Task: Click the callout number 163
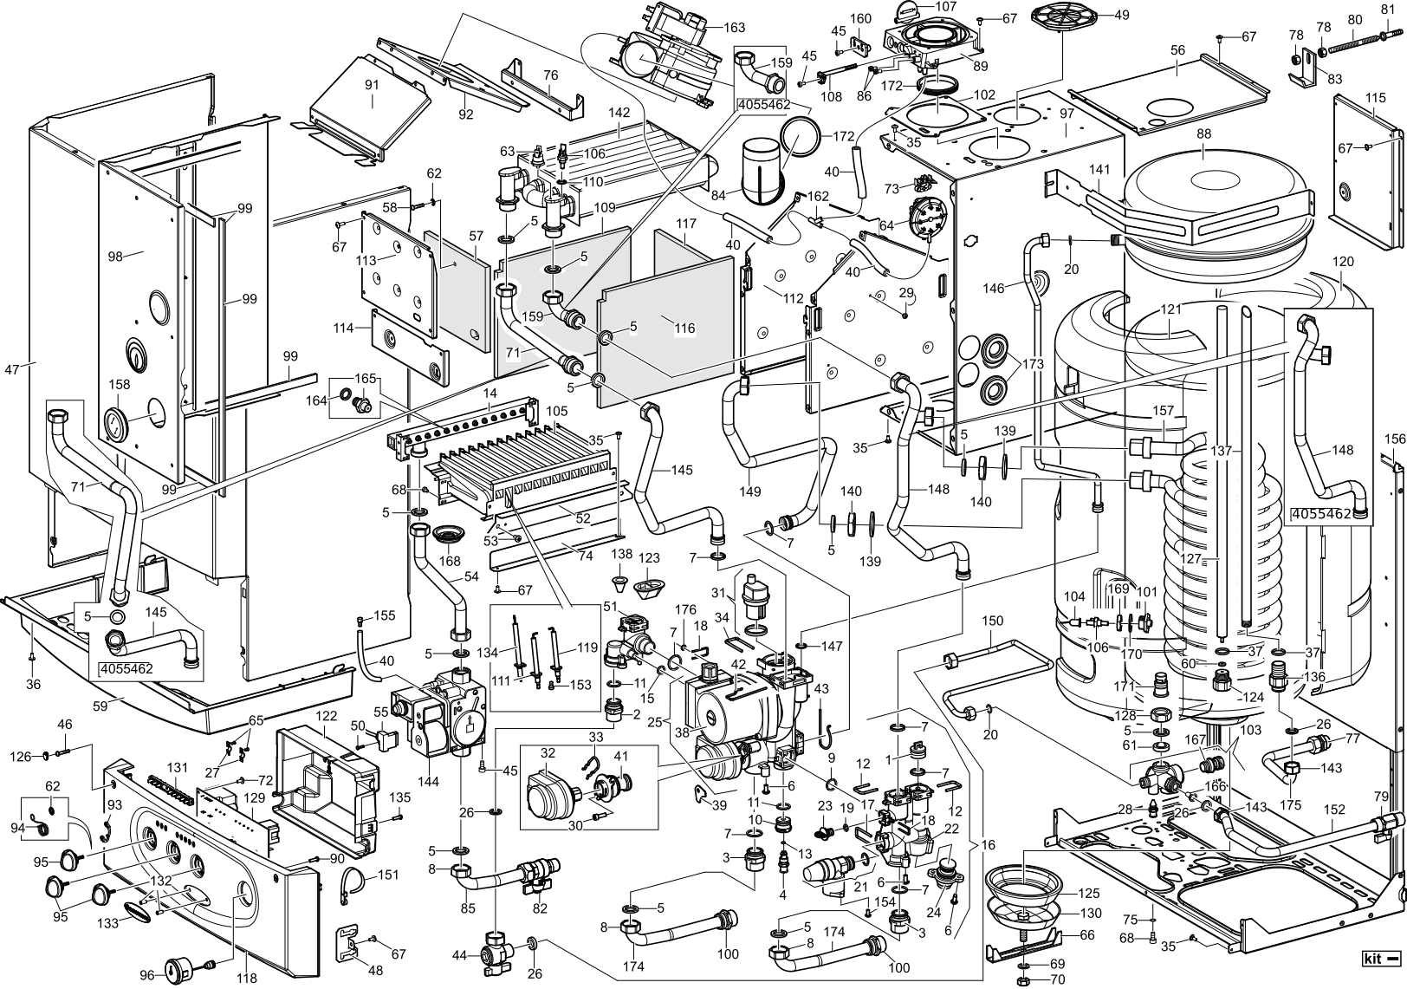tap(734, 28)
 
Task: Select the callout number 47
tap(11, 369)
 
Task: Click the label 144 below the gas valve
tap(428, 781)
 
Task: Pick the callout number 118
tap(246, 979)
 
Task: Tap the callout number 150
tap(993, 621)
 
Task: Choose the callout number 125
tap(1089, 892)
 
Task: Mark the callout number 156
tap(1394, 438)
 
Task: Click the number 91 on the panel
tap(373, 85)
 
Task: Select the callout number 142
tap(619, 113)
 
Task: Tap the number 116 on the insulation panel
tap(684, 329)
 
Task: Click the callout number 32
tap(548, 752)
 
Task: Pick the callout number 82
tap(541, 908)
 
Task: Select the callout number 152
tap(1335, 810)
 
